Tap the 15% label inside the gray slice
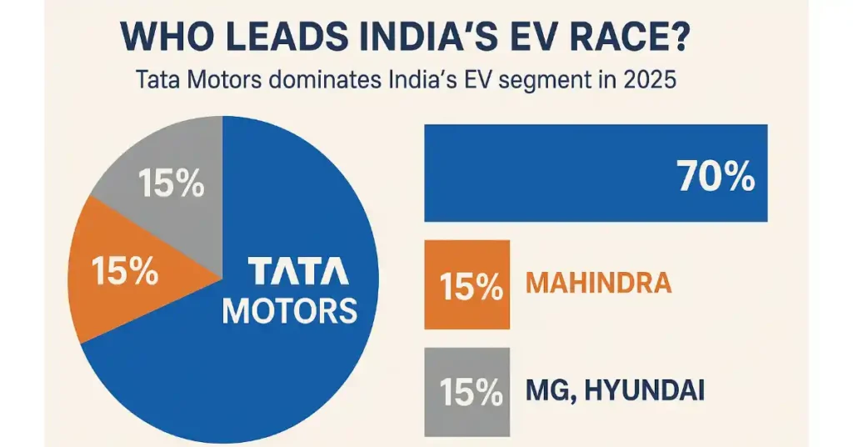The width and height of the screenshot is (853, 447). pos(171,184)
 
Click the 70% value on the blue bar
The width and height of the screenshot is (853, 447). pos(716,176)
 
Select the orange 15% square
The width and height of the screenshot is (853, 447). pos(466,284)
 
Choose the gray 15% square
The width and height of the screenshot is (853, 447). pos(466,391)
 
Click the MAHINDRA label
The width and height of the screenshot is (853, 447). pos(599,284)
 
